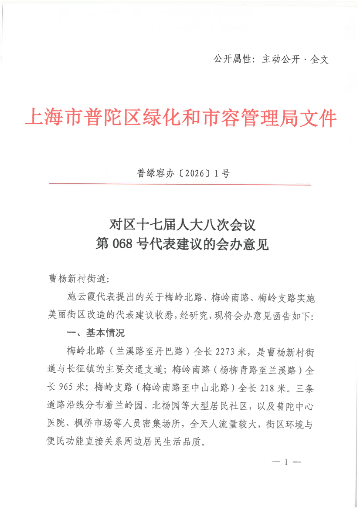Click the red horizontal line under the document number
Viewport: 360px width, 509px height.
point(180,185)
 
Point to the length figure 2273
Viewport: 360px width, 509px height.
point(226,351)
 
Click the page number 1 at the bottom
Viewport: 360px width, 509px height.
point(286,462)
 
